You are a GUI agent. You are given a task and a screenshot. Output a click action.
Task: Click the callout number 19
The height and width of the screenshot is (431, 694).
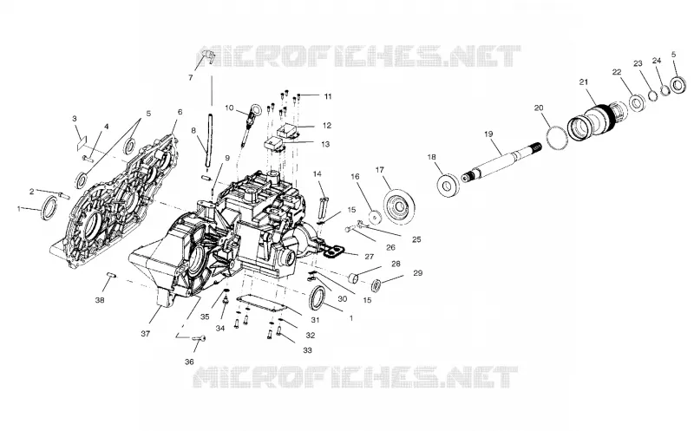(488, 134)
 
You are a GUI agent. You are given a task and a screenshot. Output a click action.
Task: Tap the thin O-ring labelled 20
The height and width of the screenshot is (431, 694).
(557, 138)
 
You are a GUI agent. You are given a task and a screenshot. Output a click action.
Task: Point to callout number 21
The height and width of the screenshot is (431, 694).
(584, 82)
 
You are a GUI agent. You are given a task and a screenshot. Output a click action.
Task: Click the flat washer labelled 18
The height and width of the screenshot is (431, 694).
(448, 185)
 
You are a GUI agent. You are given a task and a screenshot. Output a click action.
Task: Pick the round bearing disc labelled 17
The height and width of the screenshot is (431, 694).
(400, 206)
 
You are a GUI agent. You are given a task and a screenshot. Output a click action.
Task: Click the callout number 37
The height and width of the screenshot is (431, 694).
(145, 334)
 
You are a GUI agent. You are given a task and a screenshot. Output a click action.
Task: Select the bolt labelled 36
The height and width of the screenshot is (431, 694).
(200, 338)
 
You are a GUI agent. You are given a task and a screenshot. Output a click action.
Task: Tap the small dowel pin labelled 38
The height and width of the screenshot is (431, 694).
(111, 276)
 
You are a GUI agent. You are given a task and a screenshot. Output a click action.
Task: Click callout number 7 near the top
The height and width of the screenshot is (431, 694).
(190, 78)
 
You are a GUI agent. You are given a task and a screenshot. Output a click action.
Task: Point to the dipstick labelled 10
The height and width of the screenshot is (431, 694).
(252, 124)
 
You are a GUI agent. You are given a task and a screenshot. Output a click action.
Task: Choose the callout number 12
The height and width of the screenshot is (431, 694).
(327, 126)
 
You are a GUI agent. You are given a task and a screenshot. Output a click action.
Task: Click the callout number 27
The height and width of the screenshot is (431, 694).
(370, 256)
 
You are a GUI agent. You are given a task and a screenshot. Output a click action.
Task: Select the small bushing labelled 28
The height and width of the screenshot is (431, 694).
(354, 278)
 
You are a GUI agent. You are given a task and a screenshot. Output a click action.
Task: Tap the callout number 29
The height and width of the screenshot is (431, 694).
(417, 273)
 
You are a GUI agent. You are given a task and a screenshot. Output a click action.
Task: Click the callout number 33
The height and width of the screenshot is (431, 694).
(307, 350)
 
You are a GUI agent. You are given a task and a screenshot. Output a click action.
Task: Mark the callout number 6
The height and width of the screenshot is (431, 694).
(180, 112)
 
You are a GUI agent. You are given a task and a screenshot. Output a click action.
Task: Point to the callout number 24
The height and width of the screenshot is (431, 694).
(657, 61)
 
